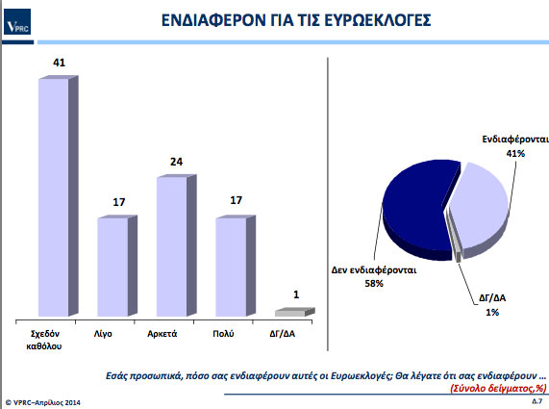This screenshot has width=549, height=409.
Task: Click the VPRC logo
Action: (x=17, y=22)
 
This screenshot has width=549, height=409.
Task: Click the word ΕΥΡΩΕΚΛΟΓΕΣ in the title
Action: (x=378, y=20)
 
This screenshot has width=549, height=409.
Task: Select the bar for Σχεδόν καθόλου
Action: (x=58, y=196)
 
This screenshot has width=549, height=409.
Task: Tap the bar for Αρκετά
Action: (x=177, y=245)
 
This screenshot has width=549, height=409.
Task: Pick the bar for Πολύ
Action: (x=236, y=266)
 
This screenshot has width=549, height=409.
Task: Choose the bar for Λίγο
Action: (x=117, y=266)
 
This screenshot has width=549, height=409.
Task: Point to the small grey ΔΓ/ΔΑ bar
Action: (x=295, y=312)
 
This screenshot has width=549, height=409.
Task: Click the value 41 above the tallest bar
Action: (x=60, y=63)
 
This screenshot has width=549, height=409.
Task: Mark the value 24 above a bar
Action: (x=177, y=162)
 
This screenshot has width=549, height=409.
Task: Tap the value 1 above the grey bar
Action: (x=296, y=294)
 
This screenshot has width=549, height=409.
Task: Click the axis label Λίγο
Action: (x=103, y=334)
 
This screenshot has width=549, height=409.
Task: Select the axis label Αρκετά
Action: (x=162, y=334)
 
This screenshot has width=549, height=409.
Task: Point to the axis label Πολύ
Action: (x=223, y=334)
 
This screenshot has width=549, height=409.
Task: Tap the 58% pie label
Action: (x=374, y=284)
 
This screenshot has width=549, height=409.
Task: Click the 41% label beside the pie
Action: (x=515, y=154)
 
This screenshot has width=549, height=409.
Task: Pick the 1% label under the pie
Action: (x=492, y=312)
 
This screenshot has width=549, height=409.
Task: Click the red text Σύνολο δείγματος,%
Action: (x=499, y=389)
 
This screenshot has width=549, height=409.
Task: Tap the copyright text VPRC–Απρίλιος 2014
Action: (x=43, y=402)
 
